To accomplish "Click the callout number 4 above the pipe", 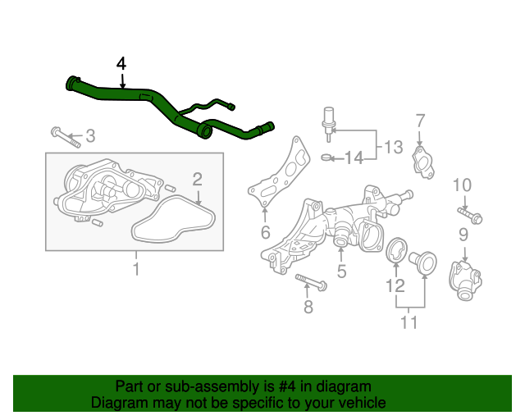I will pos(121,63).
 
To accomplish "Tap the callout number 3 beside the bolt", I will pos(90,135).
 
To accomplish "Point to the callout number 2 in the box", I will pos(198,179).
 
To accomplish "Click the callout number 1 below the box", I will pos(136,269).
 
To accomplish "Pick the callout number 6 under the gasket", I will pos(265,233).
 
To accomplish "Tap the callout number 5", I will pos(341,270).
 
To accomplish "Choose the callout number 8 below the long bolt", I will pos(308,308).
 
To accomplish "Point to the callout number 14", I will pos(353,157).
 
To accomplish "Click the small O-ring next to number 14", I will pos(326,157).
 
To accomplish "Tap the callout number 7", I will pos(419,121).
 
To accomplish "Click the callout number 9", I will pos(463,235).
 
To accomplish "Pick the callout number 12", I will pos(395,285).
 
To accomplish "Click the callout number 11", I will pos(409,322).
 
